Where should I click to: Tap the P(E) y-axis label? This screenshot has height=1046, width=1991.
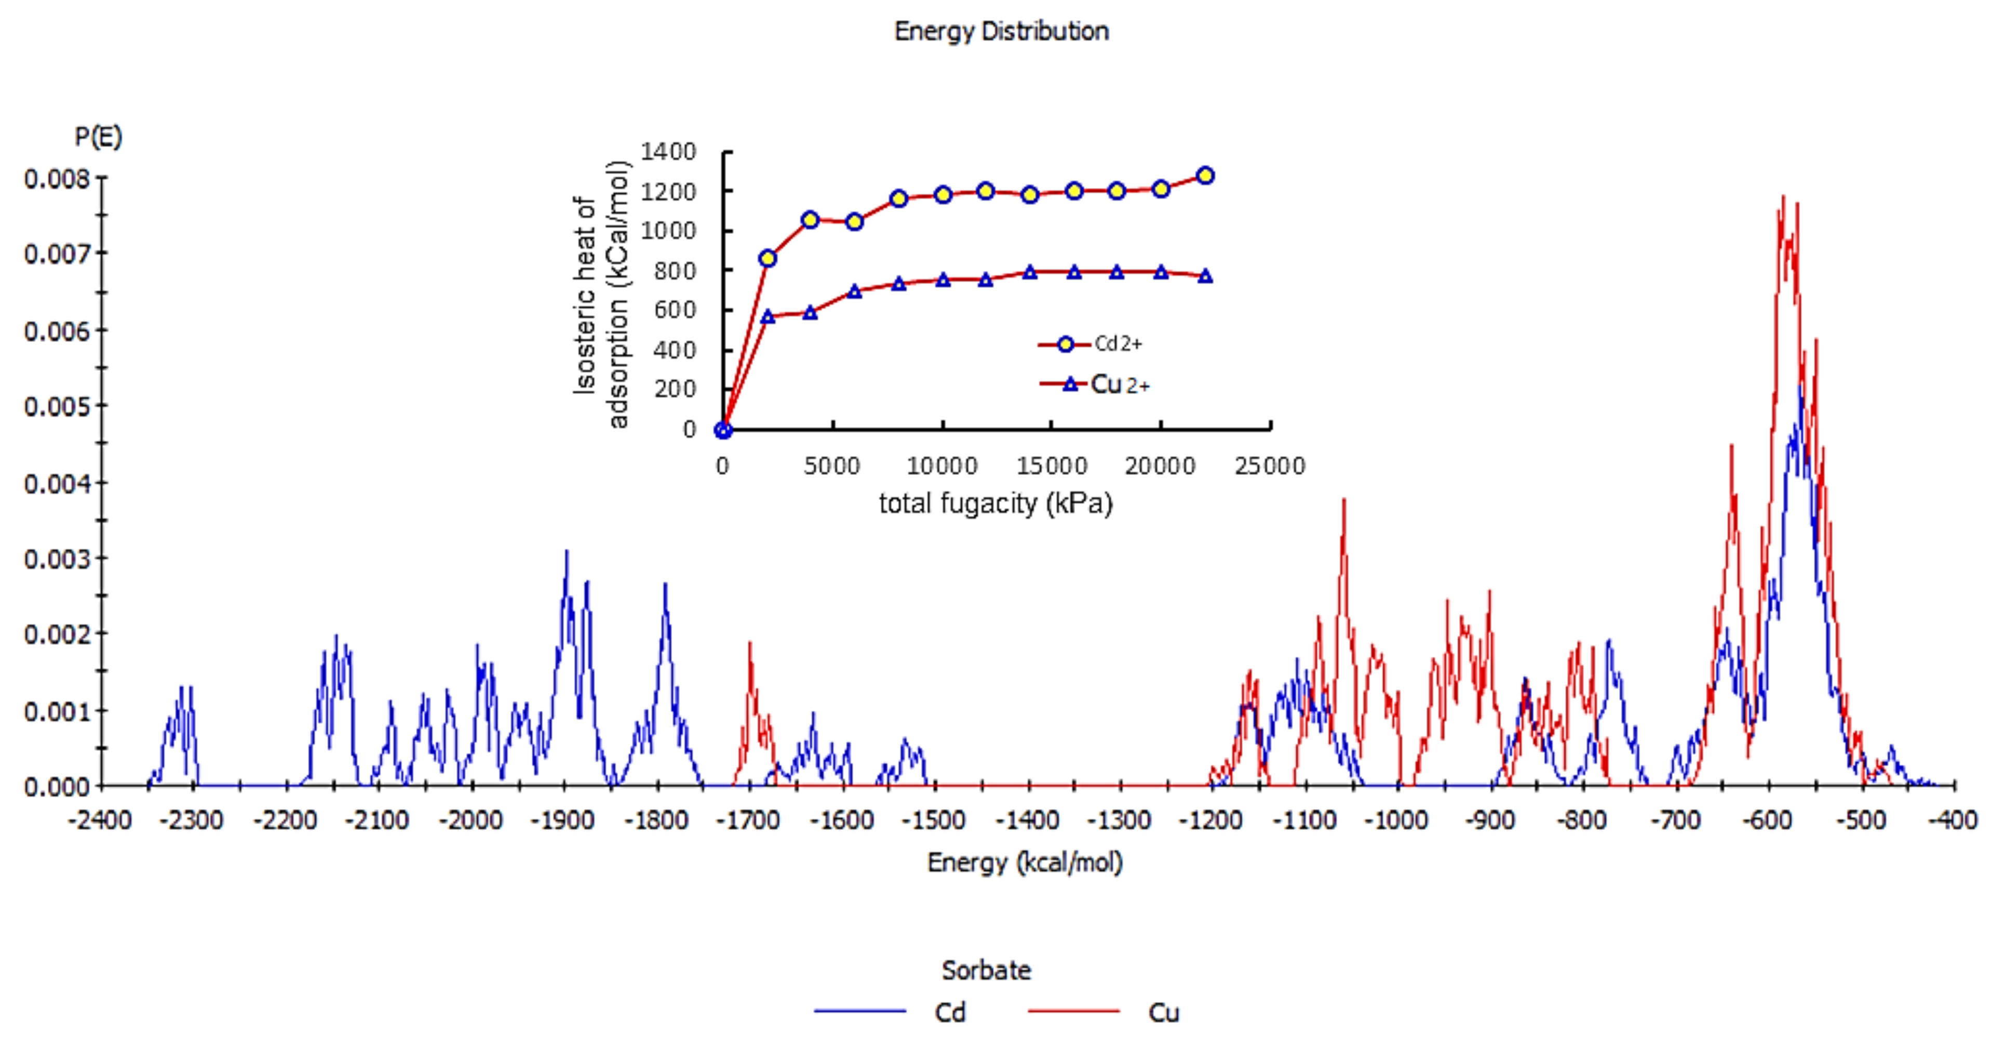(98, 137)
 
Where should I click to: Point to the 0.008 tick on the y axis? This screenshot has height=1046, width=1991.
(57, 179)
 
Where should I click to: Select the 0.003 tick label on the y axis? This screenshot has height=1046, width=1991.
(57, 558)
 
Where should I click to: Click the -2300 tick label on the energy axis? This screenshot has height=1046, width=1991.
(192, 819)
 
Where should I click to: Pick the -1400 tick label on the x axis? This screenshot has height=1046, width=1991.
(1027, 819)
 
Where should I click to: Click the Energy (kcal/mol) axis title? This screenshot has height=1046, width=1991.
(1025, 862)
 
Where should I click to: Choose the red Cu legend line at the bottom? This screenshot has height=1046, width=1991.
(1073, 1011)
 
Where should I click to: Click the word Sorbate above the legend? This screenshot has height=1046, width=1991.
(986, 970)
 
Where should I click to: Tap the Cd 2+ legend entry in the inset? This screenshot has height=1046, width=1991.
(1091, 344)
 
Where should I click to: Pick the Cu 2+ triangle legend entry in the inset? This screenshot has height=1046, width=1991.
(1095, 384)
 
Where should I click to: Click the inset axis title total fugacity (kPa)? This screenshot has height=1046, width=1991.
(995, 504)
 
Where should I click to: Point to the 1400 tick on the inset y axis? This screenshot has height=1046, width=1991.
(668, 152)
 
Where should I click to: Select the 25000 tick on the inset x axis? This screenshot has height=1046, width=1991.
(1270, 466)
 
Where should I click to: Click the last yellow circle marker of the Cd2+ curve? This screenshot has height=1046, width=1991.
(1204, 176)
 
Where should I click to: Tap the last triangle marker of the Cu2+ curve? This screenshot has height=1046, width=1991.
(1204, 276)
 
